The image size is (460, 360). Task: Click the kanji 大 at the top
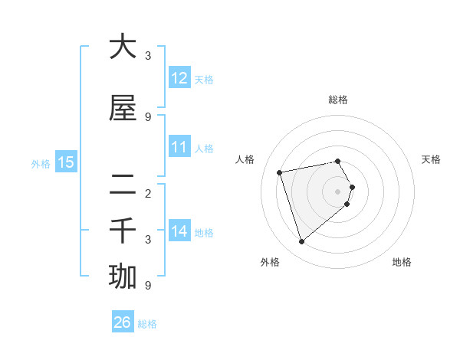(123, 47)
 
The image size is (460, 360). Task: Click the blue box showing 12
(179, 78)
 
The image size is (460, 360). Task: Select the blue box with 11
(179, 147)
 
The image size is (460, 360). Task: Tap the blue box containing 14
(179, 231)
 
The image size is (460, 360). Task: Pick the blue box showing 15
(66, 162)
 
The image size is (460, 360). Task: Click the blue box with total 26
(123, 322)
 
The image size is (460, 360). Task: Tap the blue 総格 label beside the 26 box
(148, 324)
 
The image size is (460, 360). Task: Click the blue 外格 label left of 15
(41, 163)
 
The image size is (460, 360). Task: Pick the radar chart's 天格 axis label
(431, 159)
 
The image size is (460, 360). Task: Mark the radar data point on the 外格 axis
(301, 242)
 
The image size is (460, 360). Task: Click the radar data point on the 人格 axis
(280, 172)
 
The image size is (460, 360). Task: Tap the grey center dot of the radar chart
(338, 191)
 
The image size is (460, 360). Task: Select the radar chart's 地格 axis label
(402, 262)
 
